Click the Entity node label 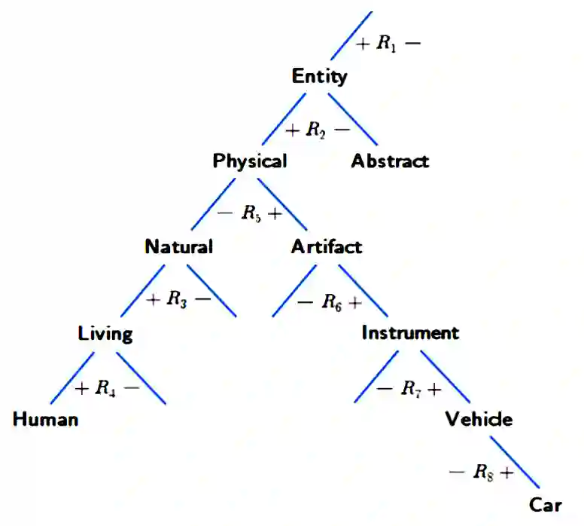(x=320, y=76)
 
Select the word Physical (x=249, y=161)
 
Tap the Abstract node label (x=390, y=161)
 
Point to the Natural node (x=178, y=247)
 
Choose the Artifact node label (x=327, y=247)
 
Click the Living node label (x=105, y=334)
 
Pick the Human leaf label (x=45, y=420)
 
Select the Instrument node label (x=410, y=333)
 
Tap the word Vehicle (x=479, y=419)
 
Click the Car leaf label (x=546, y=506)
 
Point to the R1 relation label (x=388, y=44)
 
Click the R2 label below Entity (x=317, y=130)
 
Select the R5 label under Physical (x=251, y=214)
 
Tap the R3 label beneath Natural (x=178, y=300)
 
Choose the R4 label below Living (x=106, y=389)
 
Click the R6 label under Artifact (x=331, y=302)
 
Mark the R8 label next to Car (x=482, y=473)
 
